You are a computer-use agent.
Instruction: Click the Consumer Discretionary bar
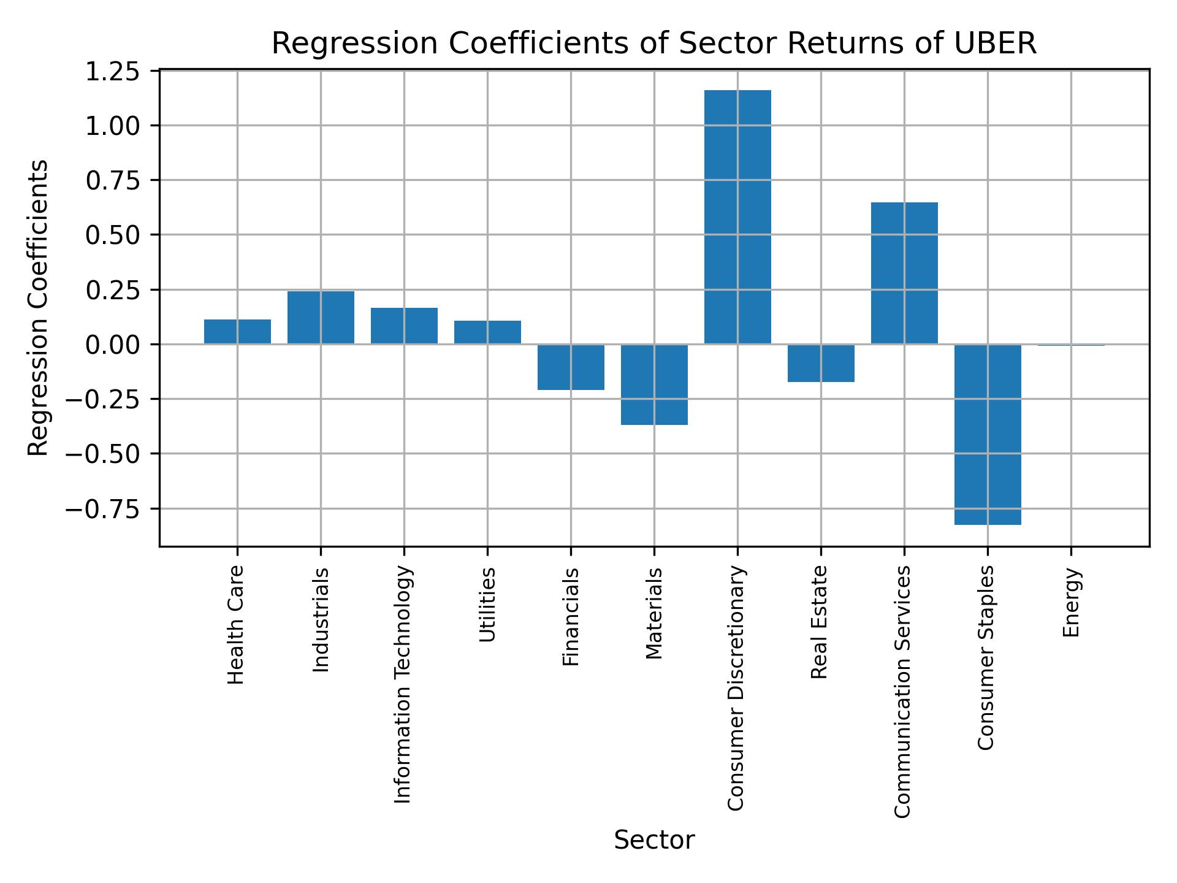[x=737, y=217]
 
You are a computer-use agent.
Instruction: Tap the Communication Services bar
[x=904, y=273]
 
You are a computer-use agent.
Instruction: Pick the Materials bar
[x=654, y=384]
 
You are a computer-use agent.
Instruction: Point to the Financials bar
[x=571, y=367]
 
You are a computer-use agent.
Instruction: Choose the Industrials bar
[x=321, y=317]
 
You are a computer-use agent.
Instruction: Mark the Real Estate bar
[x=821, y=363]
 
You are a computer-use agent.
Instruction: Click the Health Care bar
[x=237, y=331]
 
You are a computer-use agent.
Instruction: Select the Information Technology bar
[x=404, y=326]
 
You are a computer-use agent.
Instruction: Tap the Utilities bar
[x=487, y=332]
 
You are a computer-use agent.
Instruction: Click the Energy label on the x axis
[x=1071, y=602]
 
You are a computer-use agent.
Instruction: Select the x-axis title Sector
[x=654, y=840]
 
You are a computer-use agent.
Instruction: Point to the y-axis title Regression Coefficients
[x=39, y=308]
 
